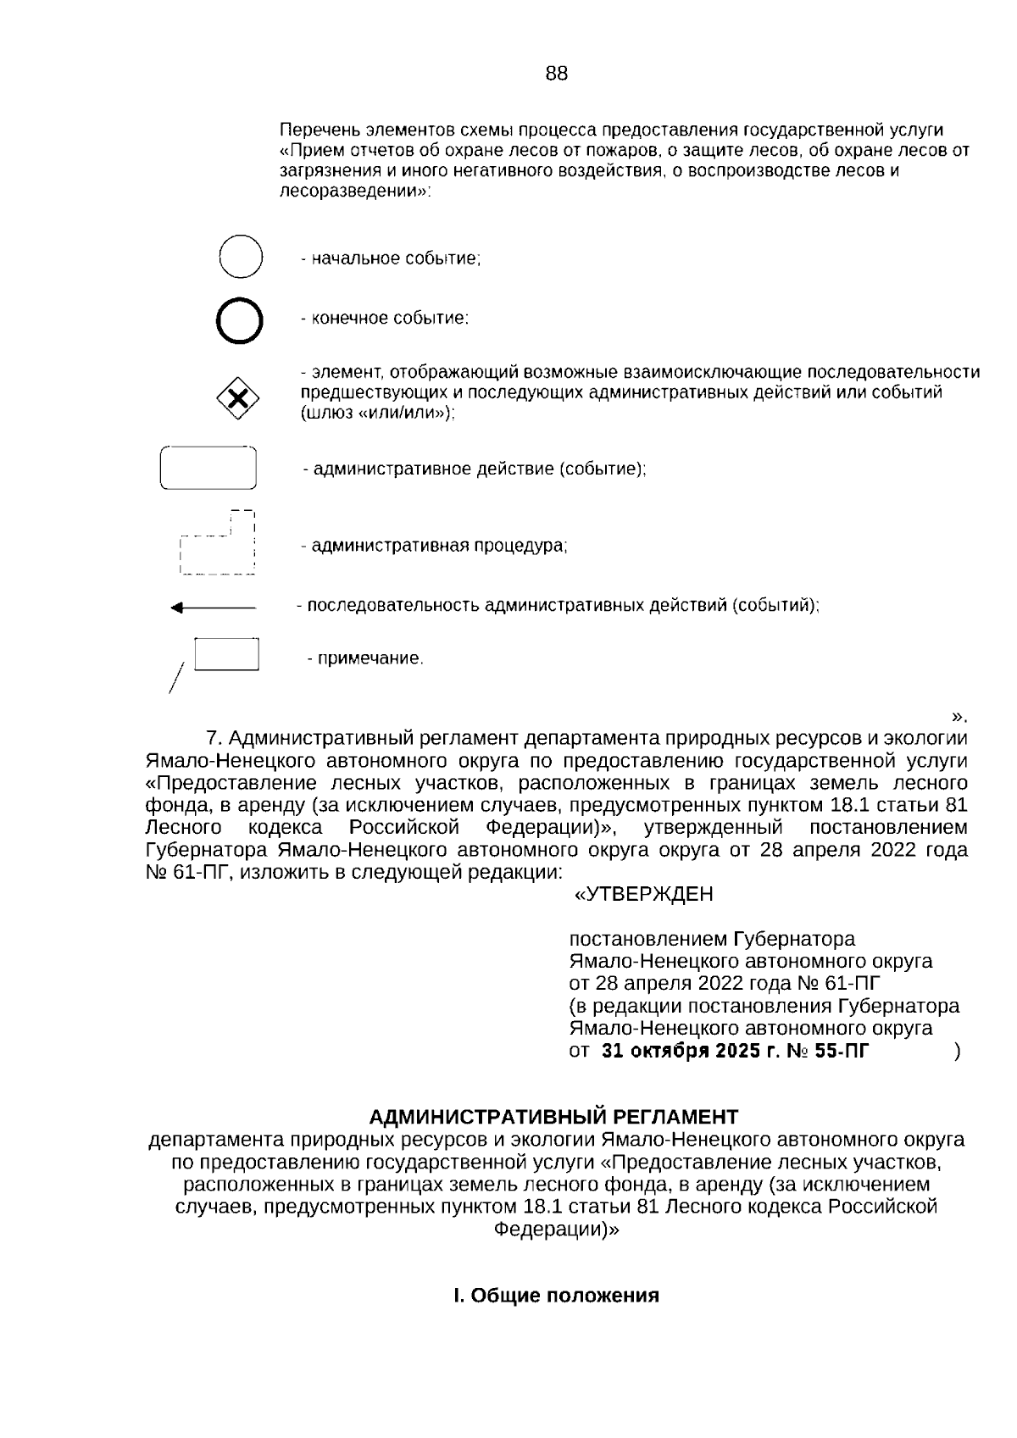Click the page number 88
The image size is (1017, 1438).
pyautogui.click(x=556, y=74)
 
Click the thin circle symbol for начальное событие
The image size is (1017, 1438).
pyautogui.click(x=241, y=257)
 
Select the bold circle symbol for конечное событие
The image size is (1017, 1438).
pyautogui.click(x=240, y=320)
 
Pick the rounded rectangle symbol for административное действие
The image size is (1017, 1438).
pyautogui.click(x=208, y=468)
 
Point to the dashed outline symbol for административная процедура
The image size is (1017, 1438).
pyautogui.click(x=218, y=544)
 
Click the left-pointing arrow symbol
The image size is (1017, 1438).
pyautogui.click(x=213, y=607)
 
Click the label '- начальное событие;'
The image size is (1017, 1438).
pyautogui.click(x=391, y=258)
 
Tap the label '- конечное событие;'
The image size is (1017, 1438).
pyautogui.click(x=384, y=319)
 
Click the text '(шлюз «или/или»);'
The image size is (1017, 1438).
pyautogui.click(x=378, y=414)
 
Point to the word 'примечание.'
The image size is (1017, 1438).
pyautogui.click(x=370, y=658)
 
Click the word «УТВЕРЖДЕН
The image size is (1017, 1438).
pyautogui.click(x=643, y=894)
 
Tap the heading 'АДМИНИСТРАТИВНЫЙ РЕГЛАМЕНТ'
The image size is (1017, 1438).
pyautogui.click(x=553, y=1116)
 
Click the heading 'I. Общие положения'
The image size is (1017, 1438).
pyautogui.click(x=556, y=1296)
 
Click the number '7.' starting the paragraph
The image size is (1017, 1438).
pyautogui.click(x=214, y=737)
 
